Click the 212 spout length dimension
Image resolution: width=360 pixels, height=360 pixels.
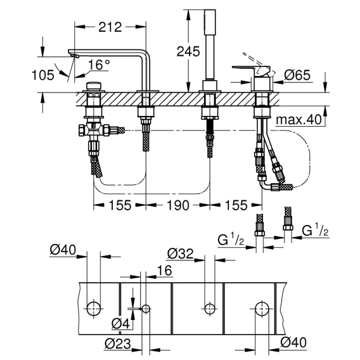(x=110, y=27)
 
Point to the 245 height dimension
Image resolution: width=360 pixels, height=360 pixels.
(x=188, y=51)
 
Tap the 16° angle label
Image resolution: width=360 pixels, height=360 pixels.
(x=99, y=65)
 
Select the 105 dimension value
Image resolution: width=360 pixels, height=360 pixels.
(x=43, y=75)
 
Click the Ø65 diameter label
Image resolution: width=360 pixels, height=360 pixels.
(x=297, y=75)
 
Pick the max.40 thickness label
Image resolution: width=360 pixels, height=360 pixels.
(x=299, y=119)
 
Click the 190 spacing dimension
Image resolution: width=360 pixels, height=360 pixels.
(x=178, y=205)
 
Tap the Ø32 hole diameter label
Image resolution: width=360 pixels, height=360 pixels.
(x=181, y=254)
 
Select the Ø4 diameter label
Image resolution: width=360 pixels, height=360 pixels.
(x=121, y=324)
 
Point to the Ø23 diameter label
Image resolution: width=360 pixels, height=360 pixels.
(x=118, y=344)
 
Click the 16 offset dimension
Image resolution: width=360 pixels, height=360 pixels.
(x=164, y=270)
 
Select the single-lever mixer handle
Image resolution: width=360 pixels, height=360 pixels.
(x=251, y=68)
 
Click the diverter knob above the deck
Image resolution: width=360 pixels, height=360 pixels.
(x=94, y=87)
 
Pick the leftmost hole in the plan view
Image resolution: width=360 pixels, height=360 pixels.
(x=94, y=309)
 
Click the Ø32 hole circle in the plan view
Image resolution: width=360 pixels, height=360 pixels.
(x=210, y=309)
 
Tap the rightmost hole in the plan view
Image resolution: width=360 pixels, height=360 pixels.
(x=262, y=309)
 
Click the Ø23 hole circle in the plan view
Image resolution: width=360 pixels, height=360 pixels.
(x=146, y=309)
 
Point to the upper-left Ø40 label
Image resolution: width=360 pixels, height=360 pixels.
(x=63, y=250)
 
